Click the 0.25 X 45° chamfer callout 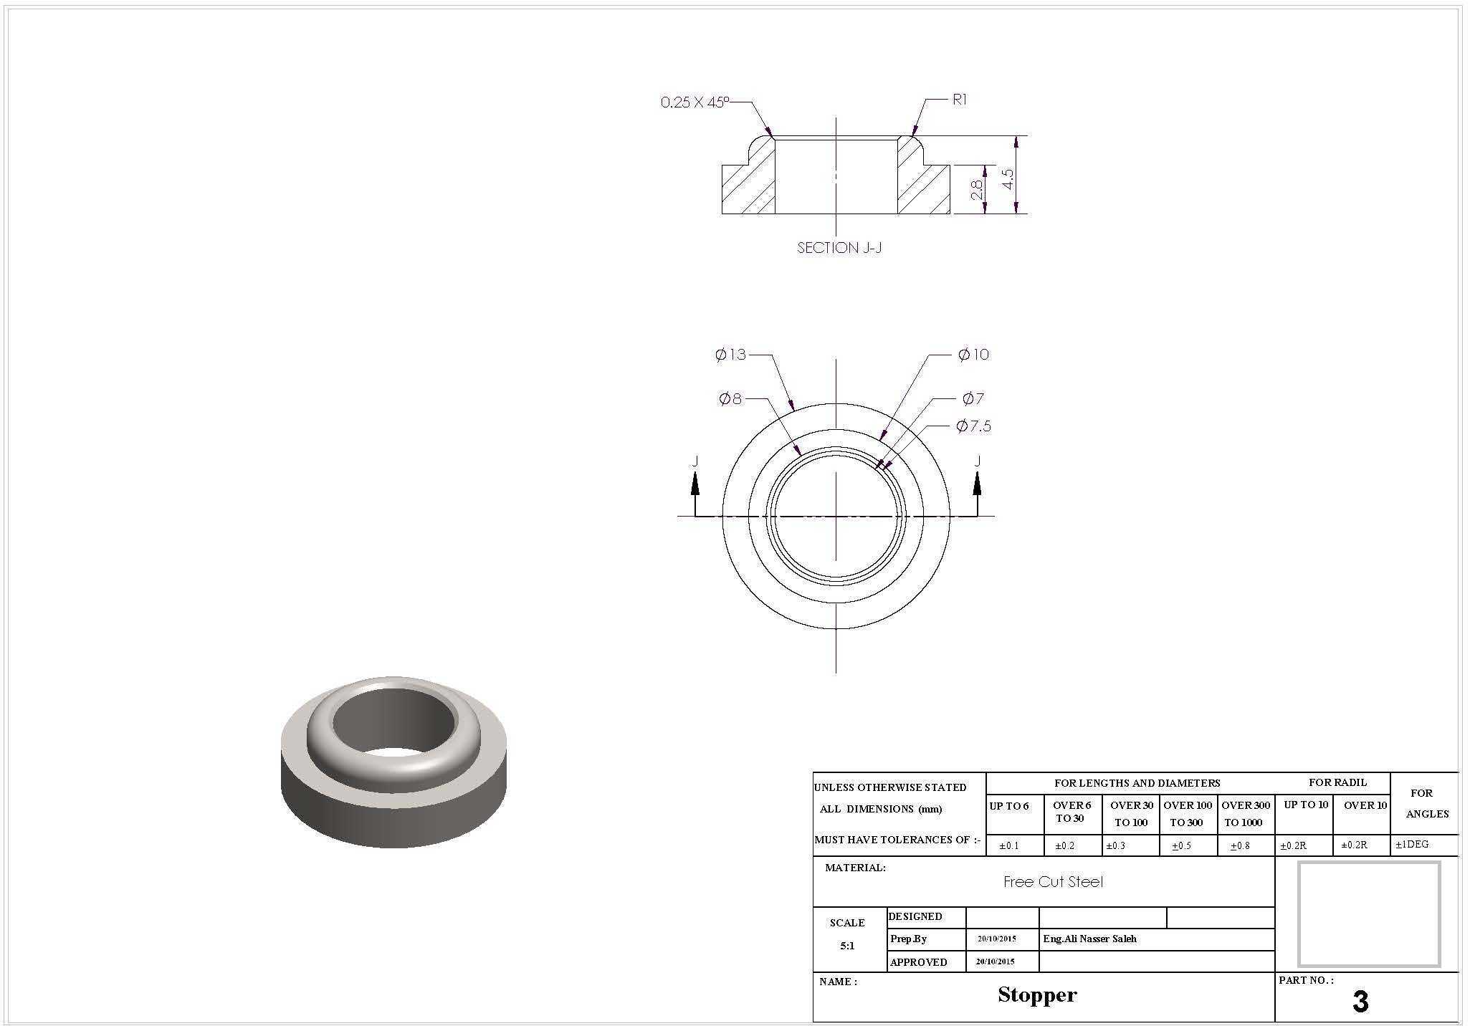coord(694,102)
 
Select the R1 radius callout coord(959,100)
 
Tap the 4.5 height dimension coord(1008,179)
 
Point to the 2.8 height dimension coord(977,189)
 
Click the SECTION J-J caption coord(839,248)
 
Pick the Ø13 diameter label coord(730,354)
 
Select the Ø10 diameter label coord(973,354)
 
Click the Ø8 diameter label coord(730,398)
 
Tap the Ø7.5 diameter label coord(973,426)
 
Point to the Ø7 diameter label coord(973,398)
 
